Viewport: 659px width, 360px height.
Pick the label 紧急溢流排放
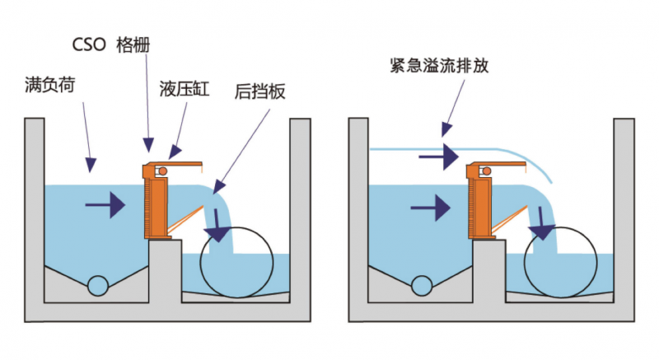440,65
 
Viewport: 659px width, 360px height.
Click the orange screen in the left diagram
155,202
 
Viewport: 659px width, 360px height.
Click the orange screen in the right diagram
479,202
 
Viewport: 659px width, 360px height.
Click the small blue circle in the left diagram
98,285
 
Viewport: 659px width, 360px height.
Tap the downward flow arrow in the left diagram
217,226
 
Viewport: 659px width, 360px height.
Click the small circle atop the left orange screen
162,171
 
